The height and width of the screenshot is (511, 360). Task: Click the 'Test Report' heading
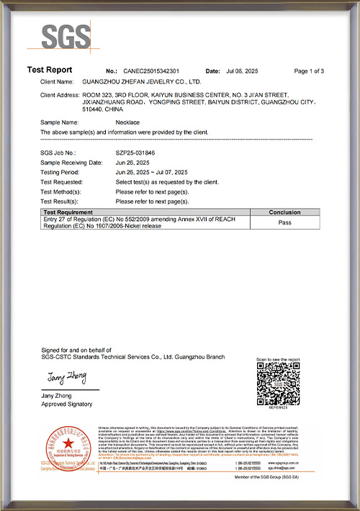(50, 70)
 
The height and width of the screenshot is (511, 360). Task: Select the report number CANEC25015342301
(150, 71)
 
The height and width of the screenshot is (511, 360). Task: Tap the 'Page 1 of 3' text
(310, 71)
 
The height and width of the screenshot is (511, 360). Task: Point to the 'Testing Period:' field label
(62, 173)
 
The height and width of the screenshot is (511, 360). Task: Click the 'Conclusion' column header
(289, 213)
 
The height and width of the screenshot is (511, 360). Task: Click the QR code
(278, 385)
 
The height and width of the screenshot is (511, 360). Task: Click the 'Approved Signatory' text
(67, 404)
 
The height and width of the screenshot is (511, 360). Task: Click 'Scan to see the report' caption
(278, 359)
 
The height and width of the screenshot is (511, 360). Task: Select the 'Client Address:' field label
(60, 95)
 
